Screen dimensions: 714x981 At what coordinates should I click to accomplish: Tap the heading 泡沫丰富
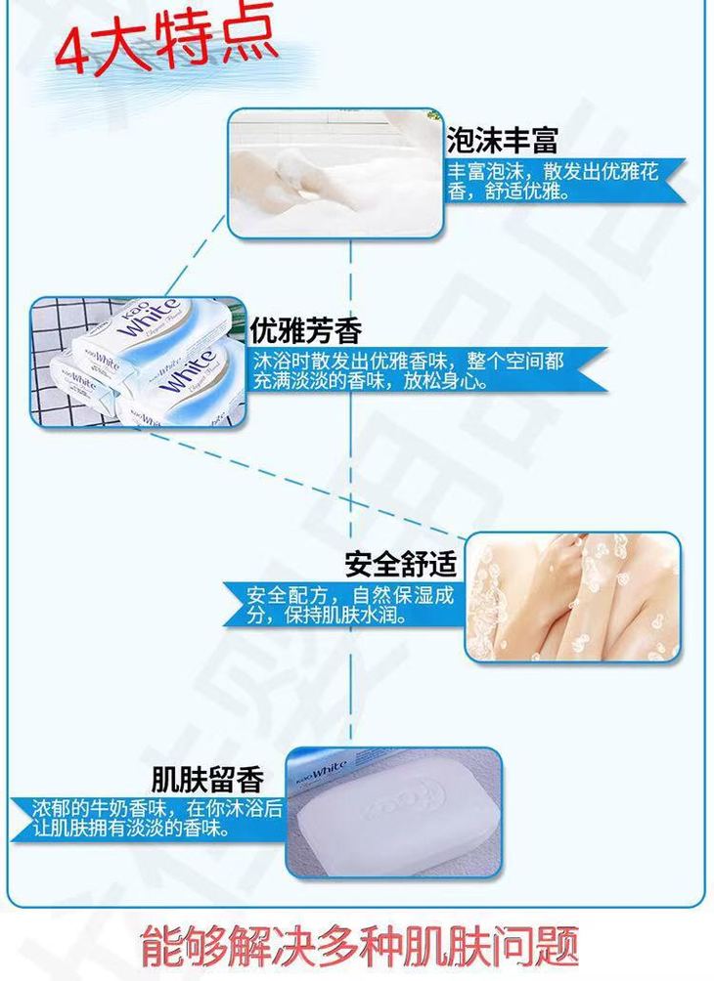click(502, 140)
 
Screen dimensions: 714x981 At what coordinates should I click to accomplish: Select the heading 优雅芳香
click(305, 330)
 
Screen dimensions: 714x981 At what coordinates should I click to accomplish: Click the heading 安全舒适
click(401, 564)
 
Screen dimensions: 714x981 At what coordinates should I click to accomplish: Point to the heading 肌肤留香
click(207, 779)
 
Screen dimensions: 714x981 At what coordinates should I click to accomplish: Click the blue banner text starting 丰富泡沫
click(553, 181)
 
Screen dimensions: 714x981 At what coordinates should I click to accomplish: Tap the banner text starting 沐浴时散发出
click(409, 370)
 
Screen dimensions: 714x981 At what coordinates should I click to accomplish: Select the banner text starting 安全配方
click(349, 605)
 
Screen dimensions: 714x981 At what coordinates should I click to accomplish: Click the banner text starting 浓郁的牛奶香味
click(157, 819)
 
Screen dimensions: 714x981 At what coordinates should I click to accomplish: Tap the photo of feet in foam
click(335, 173)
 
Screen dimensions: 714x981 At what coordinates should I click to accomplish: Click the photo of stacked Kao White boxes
click(138, 363)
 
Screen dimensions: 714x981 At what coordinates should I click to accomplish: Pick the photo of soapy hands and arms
click(572, 597)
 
